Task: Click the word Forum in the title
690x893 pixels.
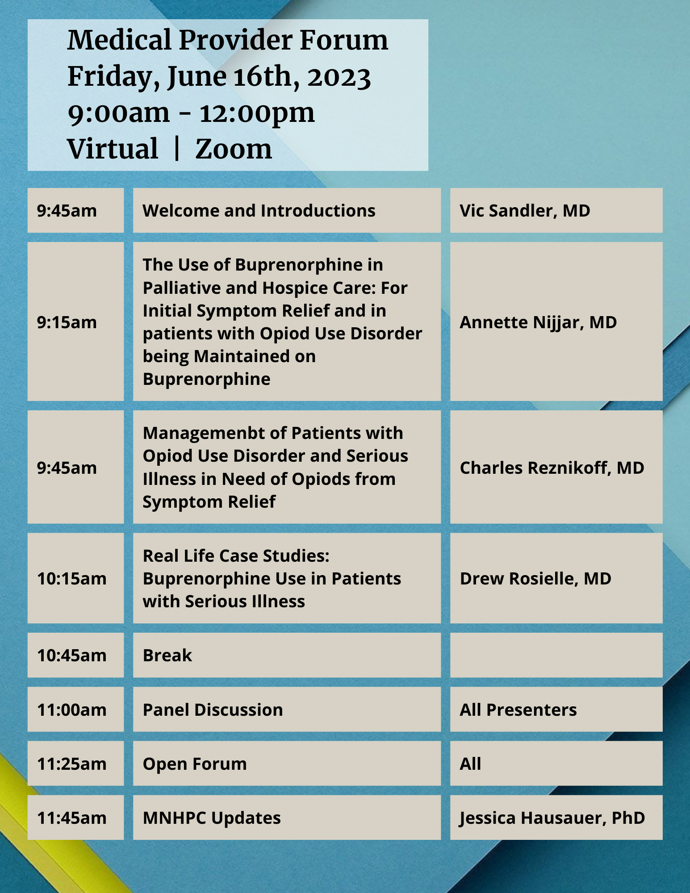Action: (343, 40)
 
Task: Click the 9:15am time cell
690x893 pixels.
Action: (75, 321)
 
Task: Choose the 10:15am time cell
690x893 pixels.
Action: (75, 578)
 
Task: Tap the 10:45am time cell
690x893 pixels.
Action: (75, 655)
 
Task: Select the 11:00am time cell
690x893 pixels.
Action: (75, 709)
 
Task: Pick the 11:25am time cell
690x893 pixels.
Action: (75, 764)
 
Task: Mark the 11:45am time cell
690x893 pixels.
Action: (75, 818)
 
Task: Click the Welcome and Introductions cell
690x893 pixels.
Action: (287, 210)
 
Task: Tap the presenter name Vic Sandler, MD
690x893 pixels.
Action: (525, 211)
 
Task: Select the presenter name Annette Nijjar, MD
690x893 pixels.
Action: (538, 322)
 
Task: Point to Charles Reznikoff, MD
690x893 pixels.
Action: (552, 467)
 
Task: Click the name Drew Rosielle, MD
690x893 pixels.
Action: (535, 578)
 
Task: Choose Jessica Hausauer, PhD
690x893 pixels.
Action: (552, 818)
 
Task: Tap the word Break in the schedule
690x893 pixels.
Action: (167, 655)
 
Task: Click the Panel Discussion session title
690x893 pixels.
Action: (213, 709)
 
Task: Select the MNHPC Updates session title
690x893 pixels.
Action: (212, 818)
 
